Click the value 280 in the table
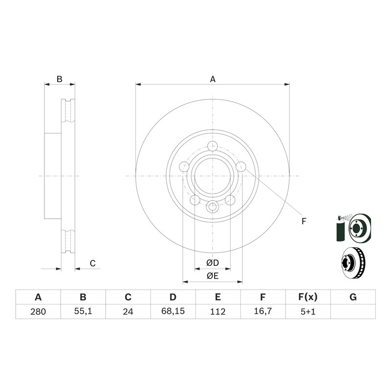pyautogui.click(x=38, y=311)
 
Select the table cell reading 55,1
pyautogui.click(x=83, y=311)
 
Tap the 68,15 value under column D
pyautogui.click(x=173, y=311)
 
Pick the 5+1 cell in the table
pyautogui.click(x=308, y=311)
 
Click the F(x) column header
pyautogui.click(x=308, y=297)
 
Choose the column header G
pyautogui.click(x=353, y=297)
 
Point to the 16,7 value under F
pyautogui.click(x=263, y=311)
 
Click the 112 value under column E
pyautogui.click(x=218, y=311)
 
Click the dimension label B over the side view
pyautogui.click(x=59, y=79)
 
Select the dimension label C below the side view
pyautogui.click(x=92, y=264)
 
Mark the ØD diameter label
pyautogui.click(x=212, y=263)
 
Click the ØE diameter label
pyautogui.click(x=212, y=276)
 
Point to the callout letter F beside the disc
pyautogui.click(x=304, y=221)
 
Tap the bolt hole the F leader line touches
pyautogui.click(x=241, y=167)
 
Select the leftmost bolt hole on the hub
pyautogui.click(x=184, y=167)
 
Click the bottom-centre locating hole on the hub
pyautogui.click(x=213, y=207)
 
